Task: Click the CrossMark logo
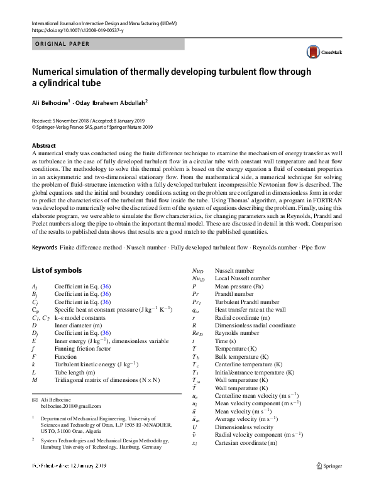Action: point(320,53)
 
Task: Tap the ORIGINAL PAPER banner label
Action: point(62,44)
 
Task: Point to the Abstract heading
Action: point(43,145)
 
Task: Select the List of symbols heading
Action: point(56,288)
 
